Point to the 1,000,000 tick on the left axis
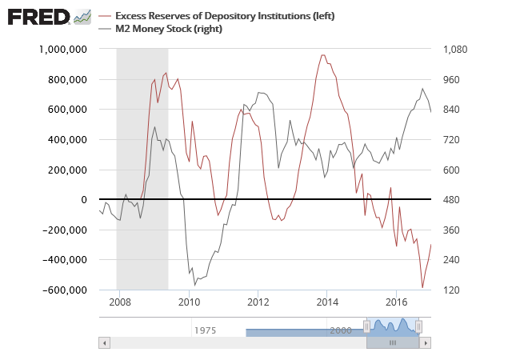(x=63, y=50)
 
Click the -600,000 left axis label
(x=66, y=290)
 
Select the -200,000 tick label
(x=66, y=230)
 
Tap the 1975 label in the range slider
(x=205, y=330)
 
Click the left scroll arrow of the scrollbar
(x=104, y=342)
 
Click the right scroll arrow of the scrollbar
(x=426, y=342)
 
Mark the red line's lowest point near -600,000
(x=422, y=287)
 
